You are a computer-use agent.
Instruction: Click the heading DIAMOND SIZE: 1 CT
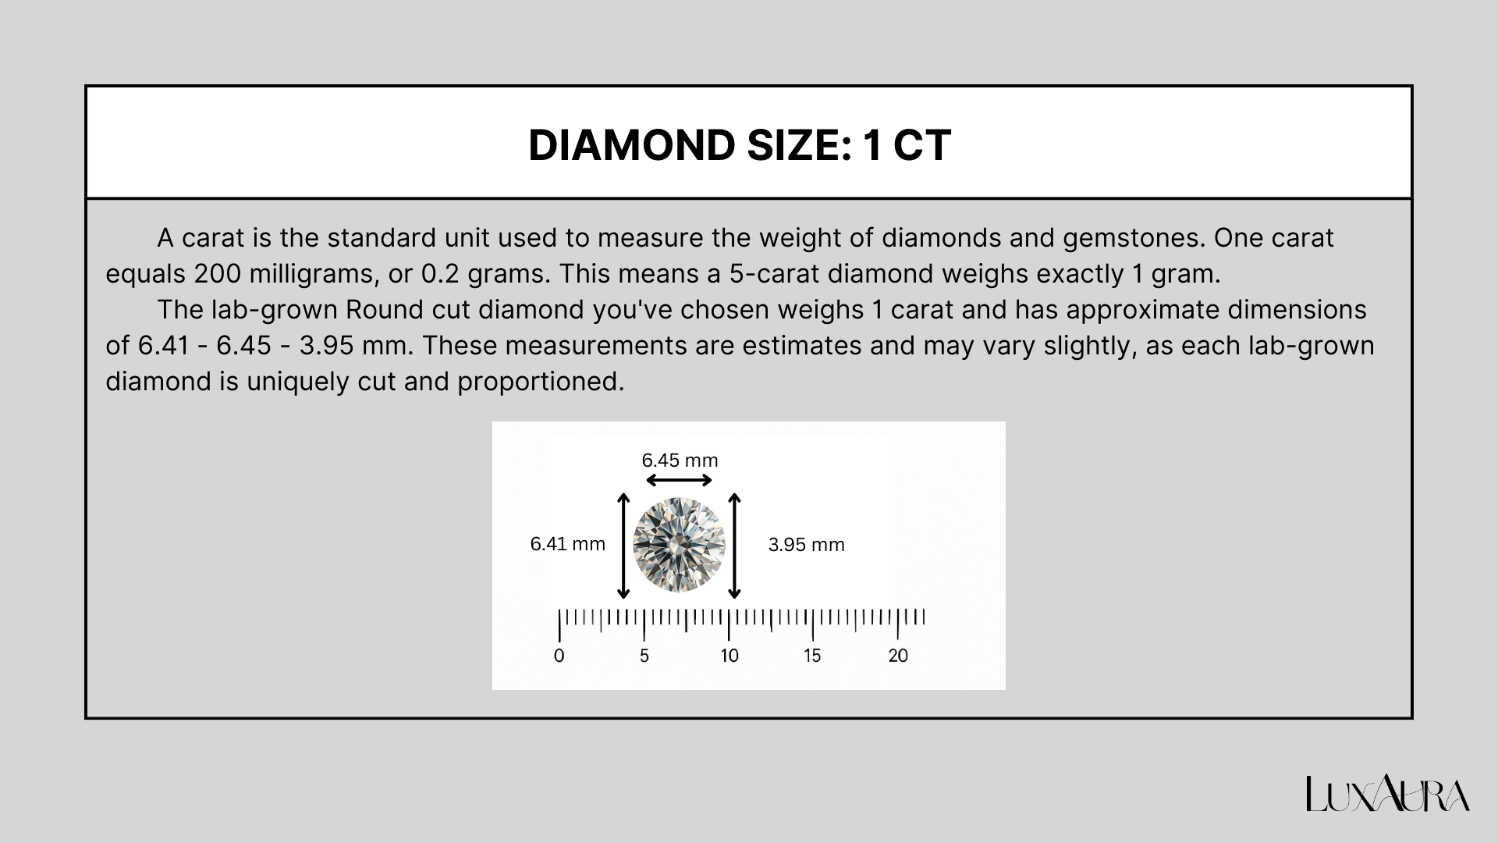click(x=739, y=145)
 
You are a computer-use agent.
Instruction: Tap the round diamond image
click(x=679, y=545)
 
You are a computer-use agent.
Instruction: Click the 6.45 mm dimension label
click(x=680, y=461)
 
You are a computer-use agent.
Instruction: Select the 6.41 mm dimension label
click(x=567, y=544)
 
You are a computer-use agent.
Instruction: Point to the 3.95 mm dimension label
click(x=806, y=545)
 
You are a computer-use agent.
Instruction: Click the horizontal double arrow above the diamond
click(x=679, y=480)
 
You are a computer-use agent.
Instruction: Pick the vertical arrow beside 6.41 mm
click(x=623, y=546)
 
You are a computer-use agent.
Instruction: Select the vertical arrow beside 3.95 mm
click(x=734, y=546)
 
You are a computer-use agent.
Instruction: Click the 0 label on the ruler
click(x=559, y=656)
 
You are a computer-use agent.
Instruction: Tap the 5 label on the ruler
click(x=644, y=656)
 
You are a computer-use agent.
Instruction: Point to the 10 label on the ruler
click(x=729, y=656)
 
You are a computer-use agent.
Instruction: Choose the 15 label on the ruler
click(x=812, y=656)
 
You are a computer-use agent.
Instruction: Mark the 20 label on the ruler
click(x=898, y=656)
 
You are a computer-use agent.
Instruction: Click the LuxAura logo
click(x=1388, y=795)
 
